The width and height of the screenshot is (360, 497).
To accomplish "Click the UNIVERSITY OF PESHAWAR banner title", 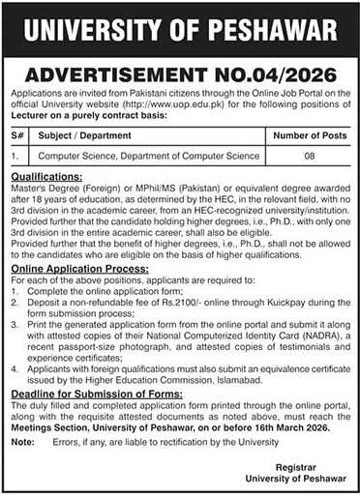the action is (x=180, y=25).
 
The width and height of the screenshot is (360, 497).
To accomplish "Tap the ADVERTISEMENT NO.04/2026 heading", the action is (x=180, y=73).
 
